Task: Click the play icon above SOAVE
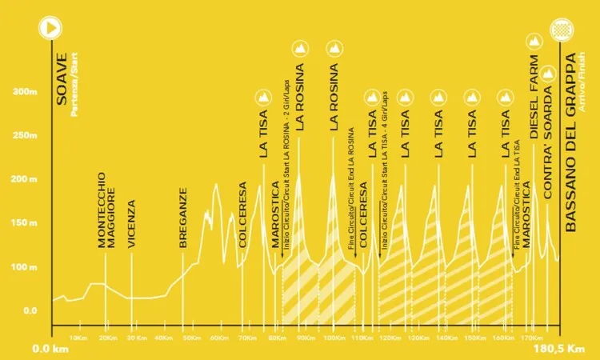(51, 26)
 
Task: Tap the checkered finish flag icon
(559, 26)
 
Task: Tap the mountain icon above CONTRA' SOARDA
(547, 74)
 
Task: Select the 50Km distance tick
(191, 338)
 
